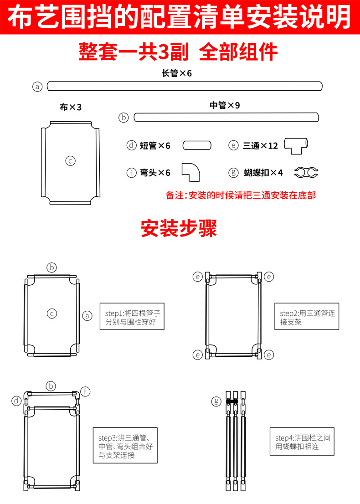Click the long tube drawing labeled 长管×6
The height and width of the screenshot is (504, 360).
[x=185, y=86]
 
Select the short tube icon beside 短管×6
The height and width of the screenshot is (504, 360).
[x=197, y=145]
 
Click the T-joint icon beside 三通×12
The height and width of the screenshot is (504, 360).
[x=296, y=144]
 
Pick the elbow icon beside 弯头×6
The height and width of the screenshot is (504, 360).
[x=190, y=172]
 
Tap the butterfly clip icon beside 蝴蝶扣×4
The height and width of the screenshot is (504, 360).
[x=306, y=172]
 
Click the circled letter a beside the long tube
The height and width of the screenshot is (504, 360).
[x=38, y=87]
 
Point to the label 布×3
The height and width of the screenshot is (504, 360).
[x=71, y=108]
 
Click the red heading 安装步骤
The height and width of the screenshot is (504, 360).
[x=179, y=228]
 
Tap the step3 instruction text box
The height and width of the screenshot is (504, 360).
[x=125, y=445]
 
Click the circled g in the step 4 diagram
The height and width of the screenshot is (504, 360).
[x=216, y=401]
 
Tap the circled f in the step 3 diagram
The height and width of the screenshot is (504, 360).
[x=86, y=391]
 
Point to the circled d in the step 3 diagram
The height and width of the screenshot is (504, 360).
[x=17, y=401]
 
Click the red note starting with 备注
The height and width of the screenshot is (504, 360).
[x=241, y=195]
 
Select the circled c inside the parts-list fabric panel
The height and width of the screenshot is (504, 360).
[x=70, y=160]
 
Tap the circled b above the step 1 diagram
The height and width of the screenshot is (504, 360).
[x=52, y=267]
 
